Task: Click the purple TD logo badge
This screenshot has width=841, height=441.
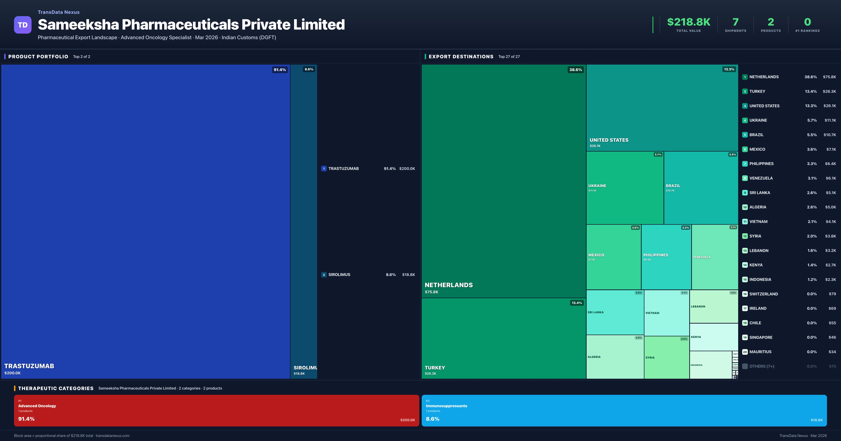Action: coord(23,25)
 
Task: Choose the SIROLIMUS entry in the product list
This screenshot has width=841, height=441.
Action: coord(339,275)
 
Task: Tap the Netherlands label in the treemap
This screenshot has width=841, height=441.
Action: coord(449,285)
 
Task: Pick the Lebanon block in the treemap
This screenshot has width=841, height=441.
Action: coord(714,307)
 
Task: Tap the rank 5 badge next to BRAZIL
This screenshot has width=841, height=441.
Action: coord(745,135)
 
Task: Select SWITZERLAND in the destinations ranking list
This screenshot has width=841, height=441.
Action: coord(763,294)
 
